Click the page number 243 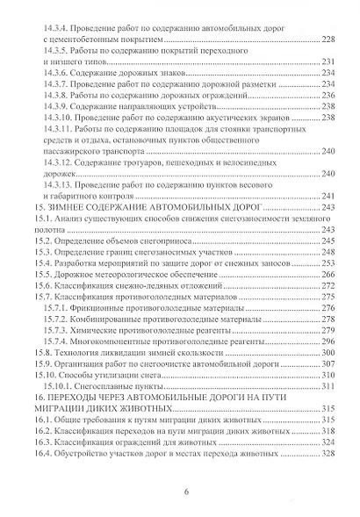point(330,206)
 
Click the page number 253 point(330,262)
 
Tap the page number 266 point(330,274)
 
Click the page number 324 point(330,443)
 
